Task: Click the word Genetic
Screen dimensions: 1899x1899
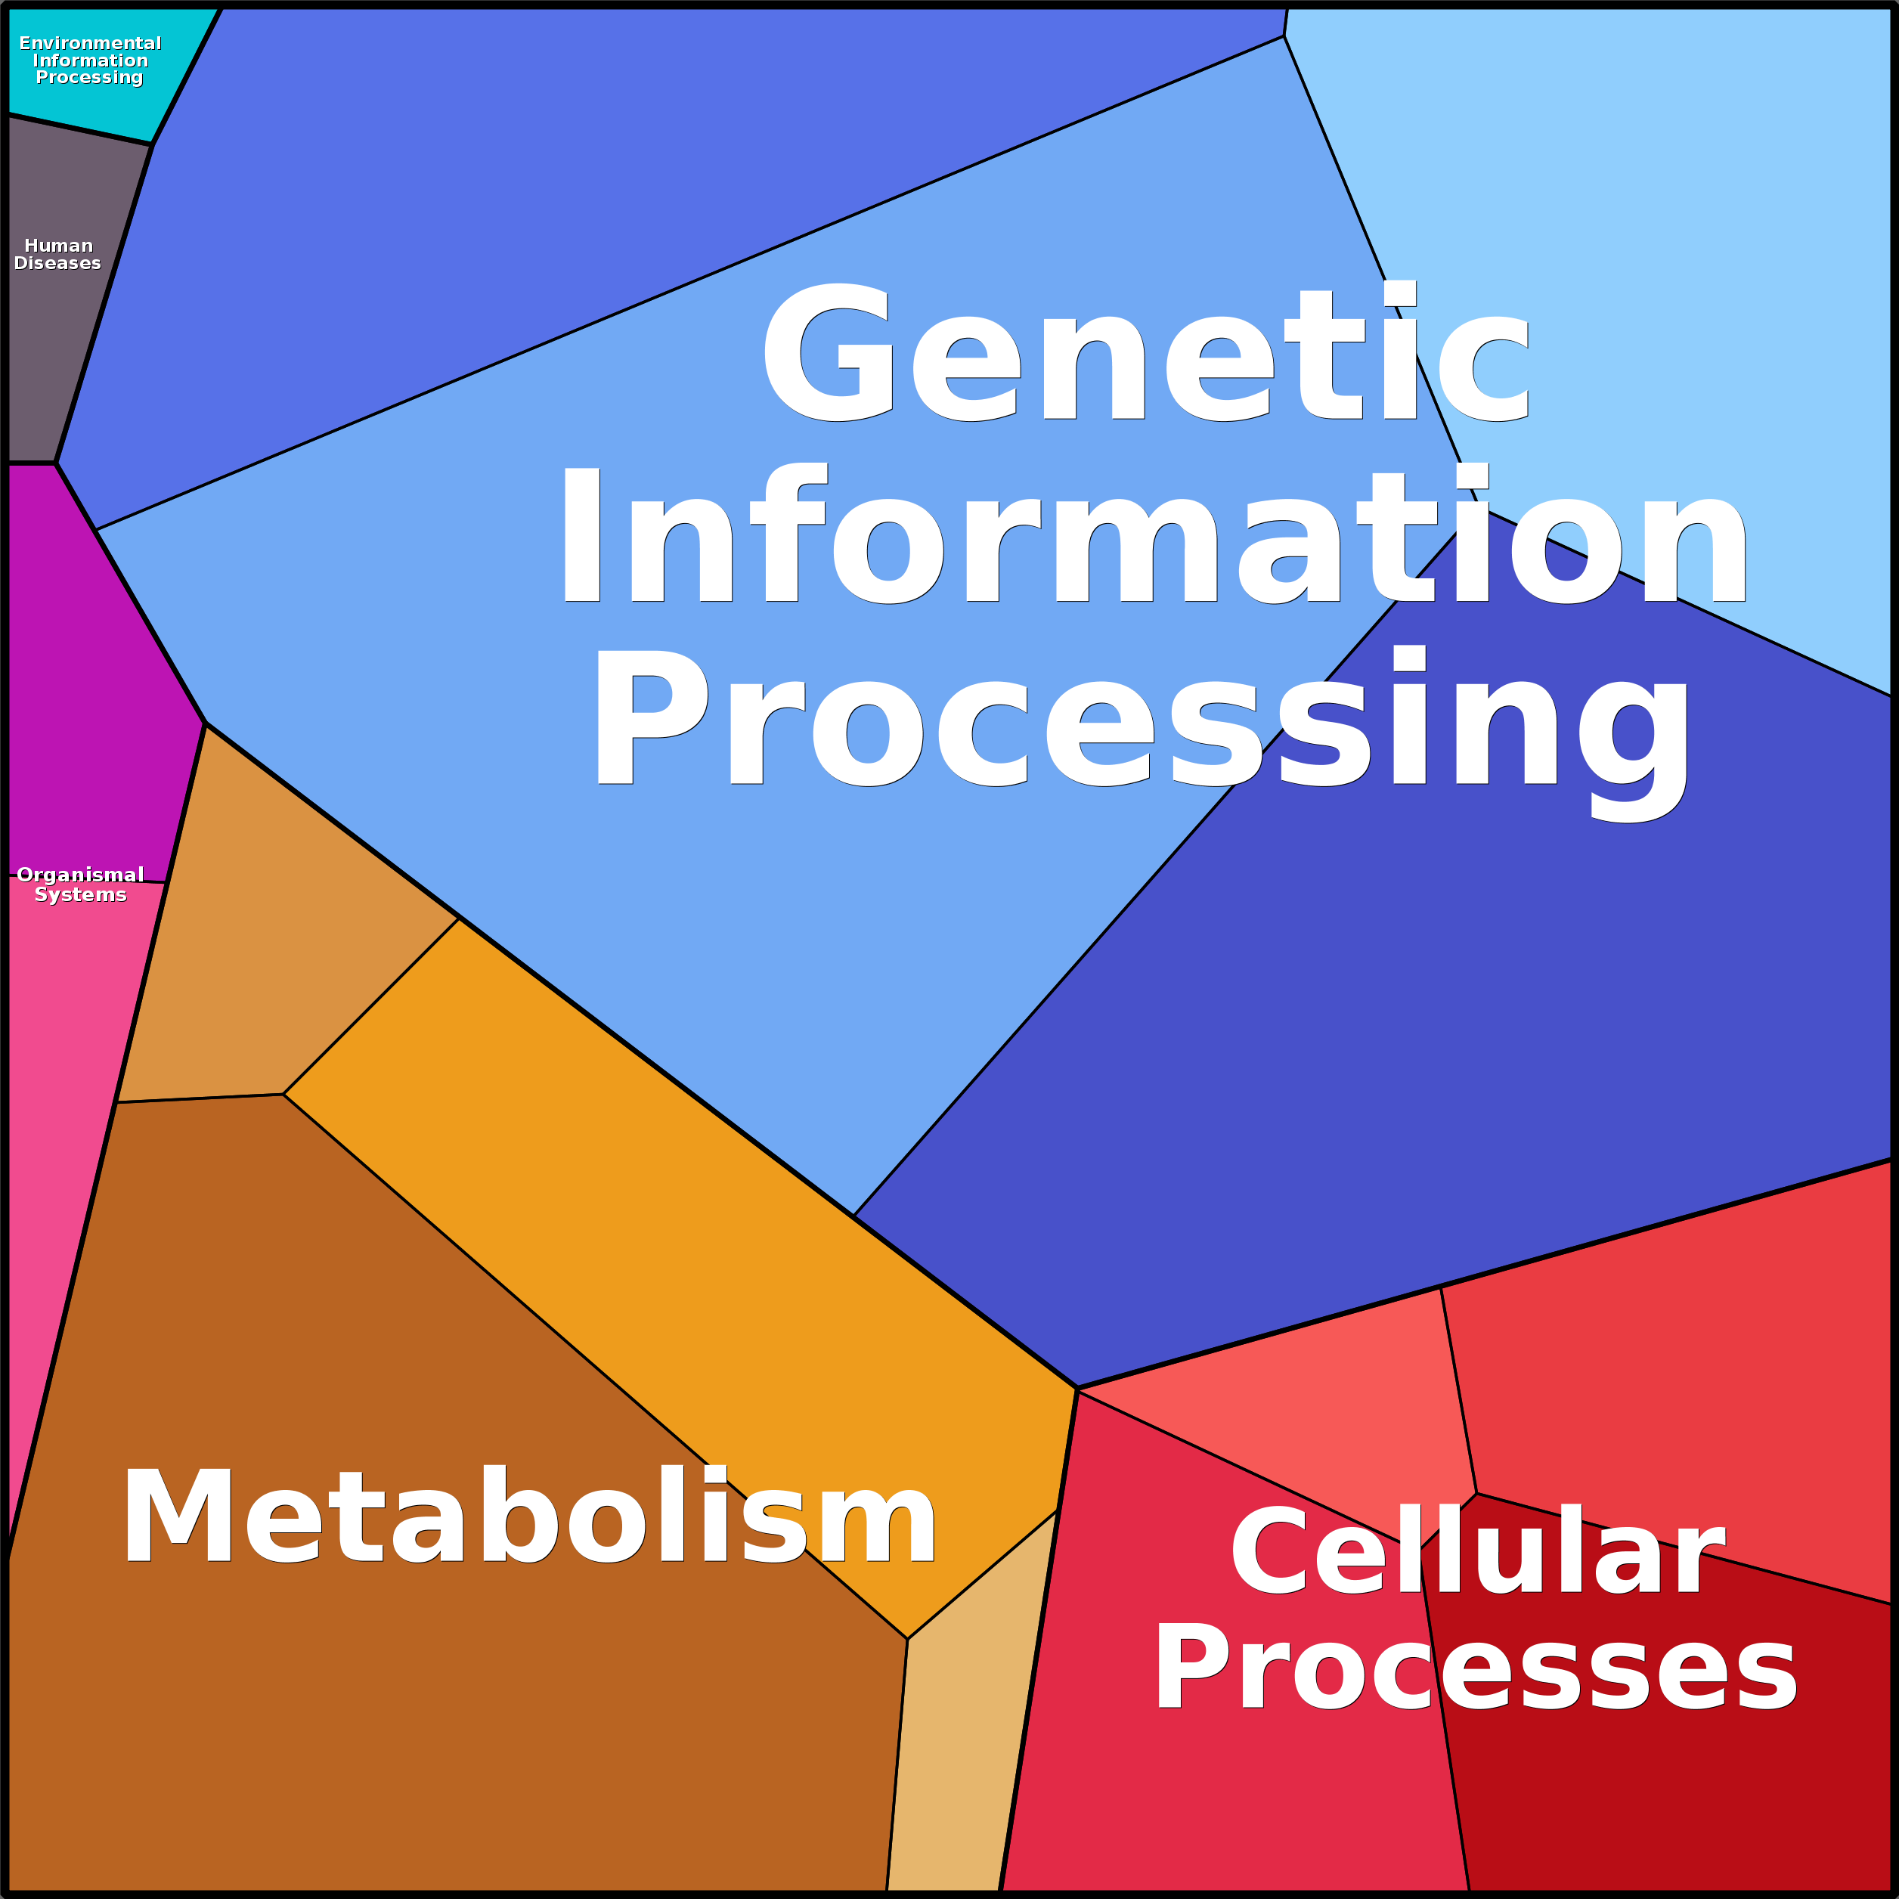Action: tap(1145, 354)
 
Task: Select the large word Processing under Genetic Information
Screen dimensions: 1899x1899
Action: tap(1140, 723)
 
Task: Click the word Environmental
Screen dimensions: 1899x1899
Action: tap(91, 43)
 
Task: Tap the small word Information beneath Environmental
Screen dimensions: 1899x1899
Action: tap(91, 60)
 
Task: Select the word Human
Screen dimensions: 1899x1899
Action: tap(59, 246)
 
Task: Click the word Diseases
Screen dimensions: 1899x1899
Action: tap(57, 263)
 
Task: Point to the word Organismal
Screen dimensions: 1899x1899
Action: tap(81, 875)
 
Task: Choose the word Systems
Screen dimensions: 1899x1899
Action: tap(81, 894)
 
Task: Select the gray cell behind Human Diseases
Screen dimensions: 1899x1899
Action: tap(59, 354)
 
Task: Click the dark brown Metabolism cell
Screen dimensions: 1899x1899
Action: tap(393, 1720)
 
